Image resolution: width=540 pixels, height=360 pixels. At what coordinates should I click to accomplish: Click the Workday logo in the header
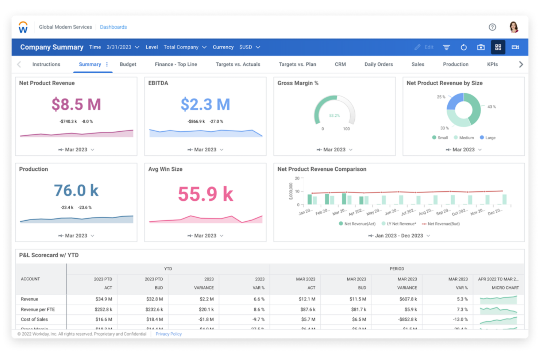point(23,27)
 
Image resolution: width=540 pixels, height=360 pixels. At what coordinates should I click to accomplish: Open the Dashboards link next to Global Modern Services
point(113,27)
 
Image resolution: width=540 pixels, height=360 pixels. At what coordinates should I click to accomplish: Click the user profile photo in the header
point(514,27)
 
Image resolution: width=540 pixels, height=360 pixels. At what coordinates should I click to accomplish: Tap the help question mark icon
point(492,27)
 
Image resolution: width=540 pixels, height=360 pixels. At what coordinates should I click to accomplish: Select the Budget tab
point(128,64)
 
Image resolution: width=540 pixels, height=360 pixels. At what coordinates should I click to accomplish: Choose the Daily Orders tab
point(378,64)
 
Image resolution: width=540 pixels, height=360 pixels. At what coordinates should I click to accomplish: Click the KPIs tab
point(492,64)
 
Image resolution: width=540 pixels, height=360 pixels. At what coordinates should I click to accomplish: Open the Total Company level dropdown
point(185,47)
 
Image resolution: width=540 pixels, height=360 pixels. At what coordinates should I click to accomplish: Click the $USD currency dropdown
point(250,47)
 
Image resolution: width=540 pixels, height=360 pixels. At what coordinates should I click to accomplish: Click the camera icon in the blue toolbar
point(481,47)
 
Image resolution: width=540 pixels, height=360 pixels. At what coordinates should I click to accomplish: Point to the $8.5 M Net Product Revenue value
point(76,105)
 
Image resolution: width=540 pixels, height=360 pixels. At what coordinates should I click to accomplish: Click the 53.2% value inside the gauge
point(334,116)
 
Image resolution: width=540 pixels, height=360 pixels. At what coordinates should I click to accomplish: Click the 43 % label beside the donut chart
point(491,107)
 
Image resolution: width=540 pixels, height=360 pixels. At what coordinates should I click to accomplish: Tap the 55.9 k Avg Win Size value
point(205,194)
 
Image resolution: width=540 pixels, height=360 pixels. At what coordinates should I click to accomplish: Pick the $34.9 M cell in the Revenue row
point(104,299)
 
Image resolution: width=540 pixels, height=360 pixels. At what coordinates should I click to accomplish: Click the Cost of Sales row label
point(34,320)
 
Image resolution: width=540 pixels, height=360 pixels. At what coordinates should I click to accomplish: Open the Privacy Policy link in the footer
point(168,334)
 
